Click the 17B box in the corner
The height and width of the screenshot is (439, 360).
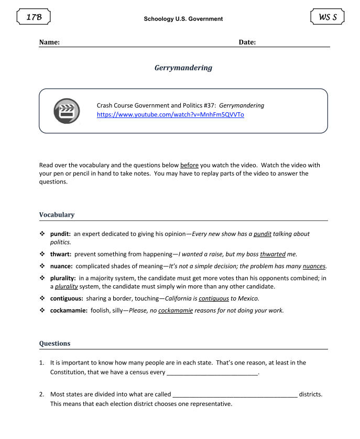[x=34, y=17]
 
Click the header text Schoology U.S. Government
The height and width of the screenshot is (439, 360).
[x=183, y=19]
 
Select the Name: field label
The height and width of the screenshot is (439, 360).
[x=49, y=42]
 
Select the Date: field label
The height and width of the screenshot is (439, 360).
[x=247, y=42]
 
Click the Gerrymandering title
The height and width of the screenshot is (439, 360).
[x=183, y=68]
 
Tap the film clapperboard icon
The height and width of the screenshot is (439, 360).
[x=66, y=111]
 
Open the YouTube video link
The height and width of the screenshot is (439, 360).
[x=170, y=114]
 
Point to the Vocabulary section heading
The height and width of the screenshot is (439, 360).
[x=57, y=215]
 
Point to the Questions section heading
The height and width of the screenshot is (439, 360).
[x=54, y=344]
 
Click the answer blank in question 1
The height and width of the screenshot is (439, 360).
[x=212, y=373]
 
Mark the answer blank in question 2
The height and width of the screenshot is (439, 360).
[x=235, y=394]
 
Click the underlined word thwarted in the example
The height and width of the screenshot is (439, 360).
[x=272, y=254]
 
